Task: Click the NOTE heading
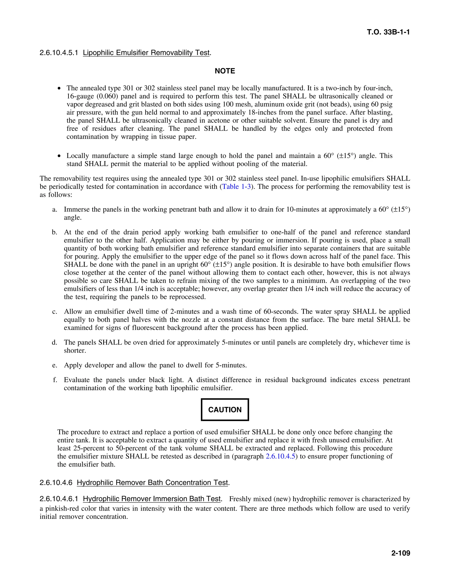coord(225,71)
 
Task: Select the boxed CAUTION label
coord(225,410)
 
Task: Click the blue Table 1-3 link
coord(236,186)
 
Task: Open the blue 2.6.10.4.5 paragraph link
coord(280,456)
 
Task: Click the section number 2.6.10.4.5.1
coord(59,53)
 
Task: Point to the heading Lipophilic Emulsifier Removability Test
coord(146,53)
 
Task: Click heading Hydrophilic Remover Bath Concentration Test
coord(152,483)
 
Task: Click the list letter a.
coord(55,210)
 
